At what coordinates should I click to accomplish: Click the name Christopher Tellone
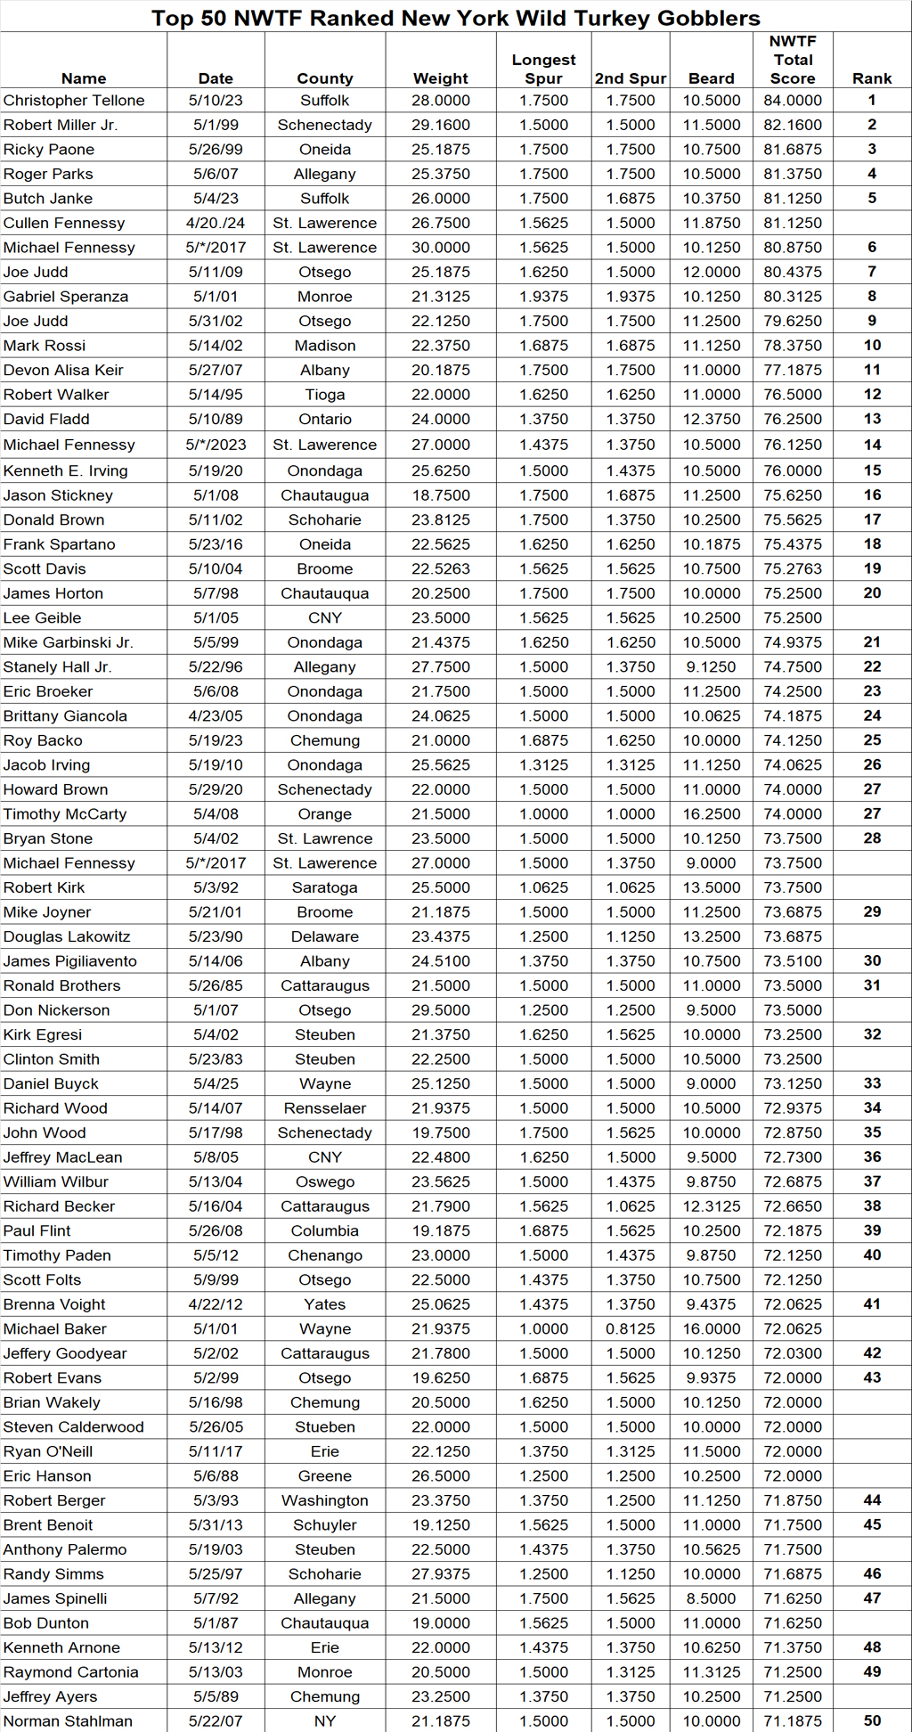click(x=73, y=101)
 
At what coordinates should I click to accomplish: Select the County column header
click(x=324, y=78)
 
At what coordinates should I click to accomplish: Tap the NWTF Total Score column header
click(x=792, y=60)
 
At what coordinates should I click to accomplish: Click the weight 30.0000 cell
click(x=440, y=248)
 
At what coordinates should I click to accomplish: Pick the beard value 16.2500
click(x=711, y=813)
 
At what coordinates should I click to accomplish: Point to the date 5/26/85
click(x=216, y=985)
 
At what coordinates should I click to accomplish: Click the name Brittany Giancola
click(x=65, y=715)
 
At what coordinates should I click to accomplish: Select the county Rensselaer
click(x=324, y=1108)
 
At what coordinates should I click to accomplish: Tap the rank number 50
click(x=872, y=1721)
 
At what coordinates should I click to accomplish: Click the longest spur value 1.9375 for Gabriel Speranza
click(x=543, y=297)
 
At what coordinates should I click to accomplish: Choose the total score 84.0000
click(x=792, y=101)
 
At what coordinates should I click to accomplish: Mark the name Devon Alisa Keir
click(x=63, y=370)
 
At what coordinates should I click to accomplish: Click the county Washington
click(x=324, y=1500)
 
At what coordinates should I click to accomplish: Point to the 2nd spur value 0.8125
click(x=630, y=1328)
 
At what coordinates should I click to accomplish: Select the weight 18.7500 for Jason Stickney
click(x=440, y=495)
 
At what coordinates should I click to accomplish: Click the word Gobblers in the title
click(x=708, y=18)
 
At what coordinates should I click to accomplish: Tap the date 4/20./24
click(x=216, y=223)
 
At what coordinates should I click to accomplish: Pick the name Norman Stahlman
click(x=68, y=1721)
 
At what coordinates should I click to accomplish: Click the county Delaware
click(x=324, y=936)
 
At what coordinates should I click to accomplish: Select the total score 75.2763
click(x=792, y=568)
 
